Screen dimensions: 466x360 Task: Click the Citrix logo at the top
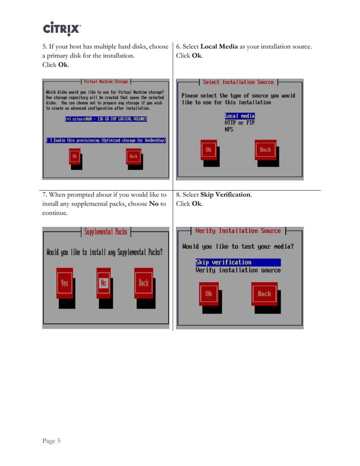[x=62, y=28]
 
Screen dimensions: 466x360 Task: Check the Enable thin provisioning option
[x=106, y=140]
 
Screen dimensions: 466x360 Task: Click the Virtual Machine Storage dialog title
[x=106, y=82]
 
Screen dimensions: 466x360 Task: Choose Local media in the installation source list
[x=240, y=116]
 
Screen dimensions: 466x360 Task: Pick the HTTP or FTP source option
[x=240, y=123]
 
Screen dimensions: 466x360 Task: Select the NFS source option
[x=229, y=130]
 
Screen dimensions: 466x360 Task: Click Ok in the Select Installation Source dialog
[x=209, y=150]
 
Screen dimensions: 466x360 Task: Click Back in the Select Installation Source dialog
[x=265, y=150]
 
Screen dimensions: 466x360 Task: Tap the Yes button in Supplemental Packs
[x=64, y=283]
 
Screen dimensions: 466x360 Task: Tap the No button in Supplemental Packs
[x=103, y=283]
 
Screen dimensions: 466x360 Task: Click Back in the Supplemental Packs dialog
[x=143, y=283]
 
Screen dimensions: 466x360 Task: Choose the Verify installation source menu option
[x=238, y=270]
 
